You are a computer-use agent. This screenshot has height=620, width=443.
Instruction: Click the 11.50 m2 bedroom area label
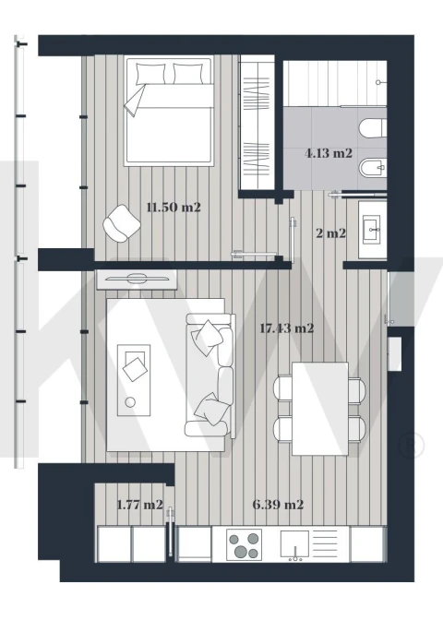point(174,208)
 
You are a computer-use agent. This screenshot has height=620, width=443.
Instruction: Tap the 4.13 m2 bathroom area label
point(329,153)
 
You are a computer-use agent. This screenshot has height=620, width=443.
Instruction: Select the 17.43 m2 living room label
point(287,328)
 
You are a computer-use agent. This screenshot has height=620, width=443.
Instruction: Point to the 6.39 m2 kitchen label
point(278,505)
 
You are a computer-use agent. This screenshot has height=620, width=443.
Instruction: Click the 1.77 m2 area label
point(140,505)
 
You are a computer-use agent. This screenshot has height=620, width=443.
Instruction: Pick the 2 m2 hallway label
point(331,233)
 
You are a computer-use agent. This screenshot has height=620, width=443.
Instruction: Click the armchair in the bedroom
point(122,223)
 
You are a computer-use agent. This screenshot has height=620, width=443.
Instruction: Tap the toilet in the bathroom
point(372,127)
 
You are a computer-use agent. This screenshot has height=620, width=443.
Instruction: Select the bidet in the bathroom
point(373,168)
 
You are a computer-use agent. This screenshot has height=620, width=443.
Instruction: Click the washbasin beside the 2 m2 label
point(372,229)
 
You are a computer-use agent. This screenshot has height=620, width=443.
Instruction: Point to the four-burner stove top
point(244,544)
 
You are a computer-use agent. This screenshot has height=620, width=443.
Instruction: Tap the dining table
point(320,409)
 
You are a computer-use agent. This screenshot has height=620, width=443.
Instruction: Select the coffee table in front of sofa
point(134,380)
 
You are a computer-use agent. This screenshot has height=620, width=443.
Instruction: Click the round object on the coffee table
point(130,402)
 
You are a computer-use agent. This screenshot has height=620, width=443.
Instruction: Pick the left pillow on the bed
point(150,73)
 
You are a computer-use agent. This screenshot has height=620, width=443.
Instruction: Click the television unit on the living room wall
point(137,280)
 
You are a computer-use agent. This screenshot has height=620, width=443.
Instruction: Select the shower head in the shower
point(378,83)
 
